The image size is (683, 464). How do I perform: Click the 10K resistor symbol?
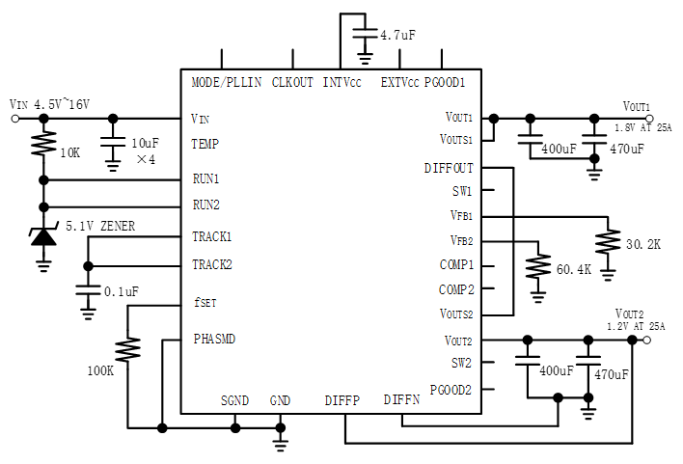(42, 146)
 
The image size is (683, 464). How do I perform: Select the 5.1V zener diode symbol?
(42, 233)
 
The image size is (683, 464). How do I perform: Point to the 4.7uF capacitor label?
(397, 35)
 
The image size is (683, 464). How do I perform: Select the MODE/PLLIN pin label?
(227, 82)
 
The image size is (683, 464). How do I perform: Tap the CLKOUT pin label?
(292, 82)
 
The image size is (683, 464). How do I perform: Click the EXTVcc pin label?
(400, 82)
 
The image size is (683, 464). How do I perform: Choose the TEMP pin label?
(205, 145)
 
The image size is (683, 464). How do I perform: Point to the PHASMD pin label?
(213, 340)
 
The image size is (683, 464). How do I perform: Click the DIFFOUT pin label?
(449, 168)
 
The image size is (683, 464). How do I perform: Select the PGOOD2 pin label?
(451, 390)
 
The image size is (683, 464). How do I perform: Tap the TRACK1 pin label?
(212, 236)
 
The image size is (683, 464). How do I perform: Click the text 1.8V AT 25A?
(641, 126)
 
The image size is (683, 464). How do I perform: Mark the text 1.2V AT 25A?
(637, 327)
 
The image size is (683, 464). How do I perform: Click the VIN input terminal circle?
(14, 119)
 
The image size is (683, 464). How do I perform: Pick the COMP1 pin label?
(456, 265)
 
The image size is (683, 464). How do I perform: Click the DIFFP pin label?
(342, 399)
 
